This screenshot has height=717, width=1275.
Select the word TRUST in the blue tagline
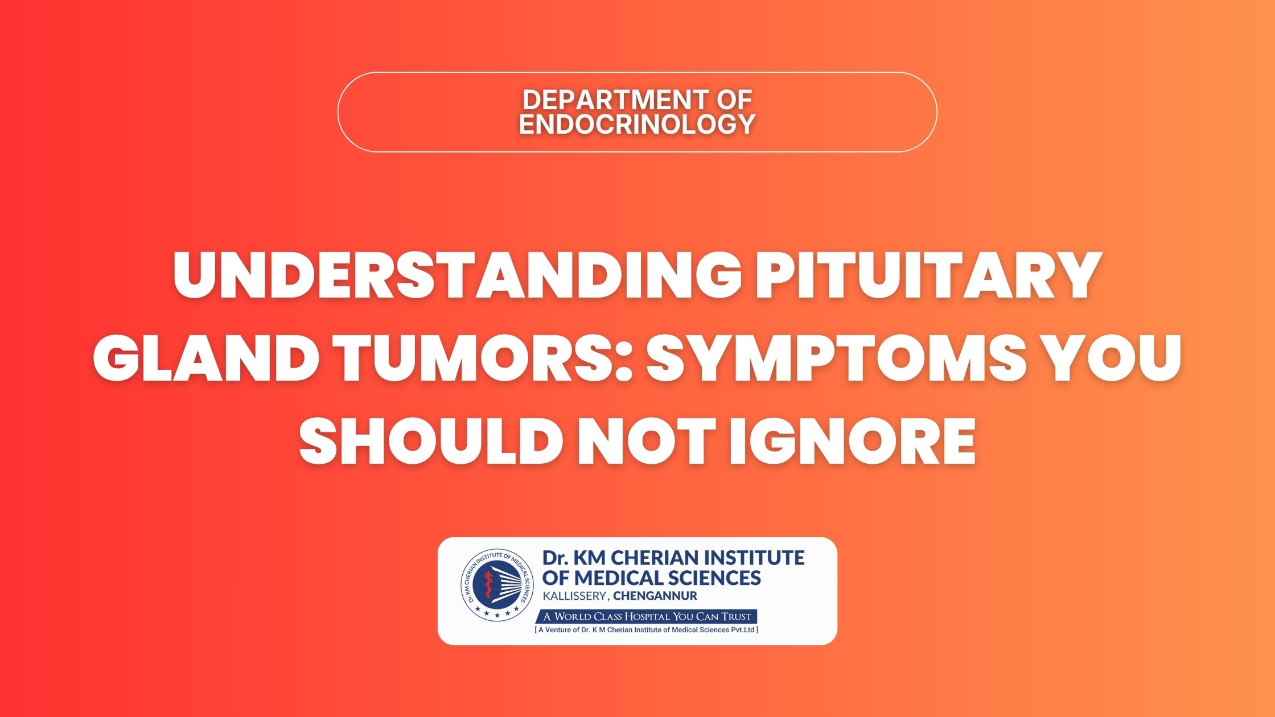tap(737, 617)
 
